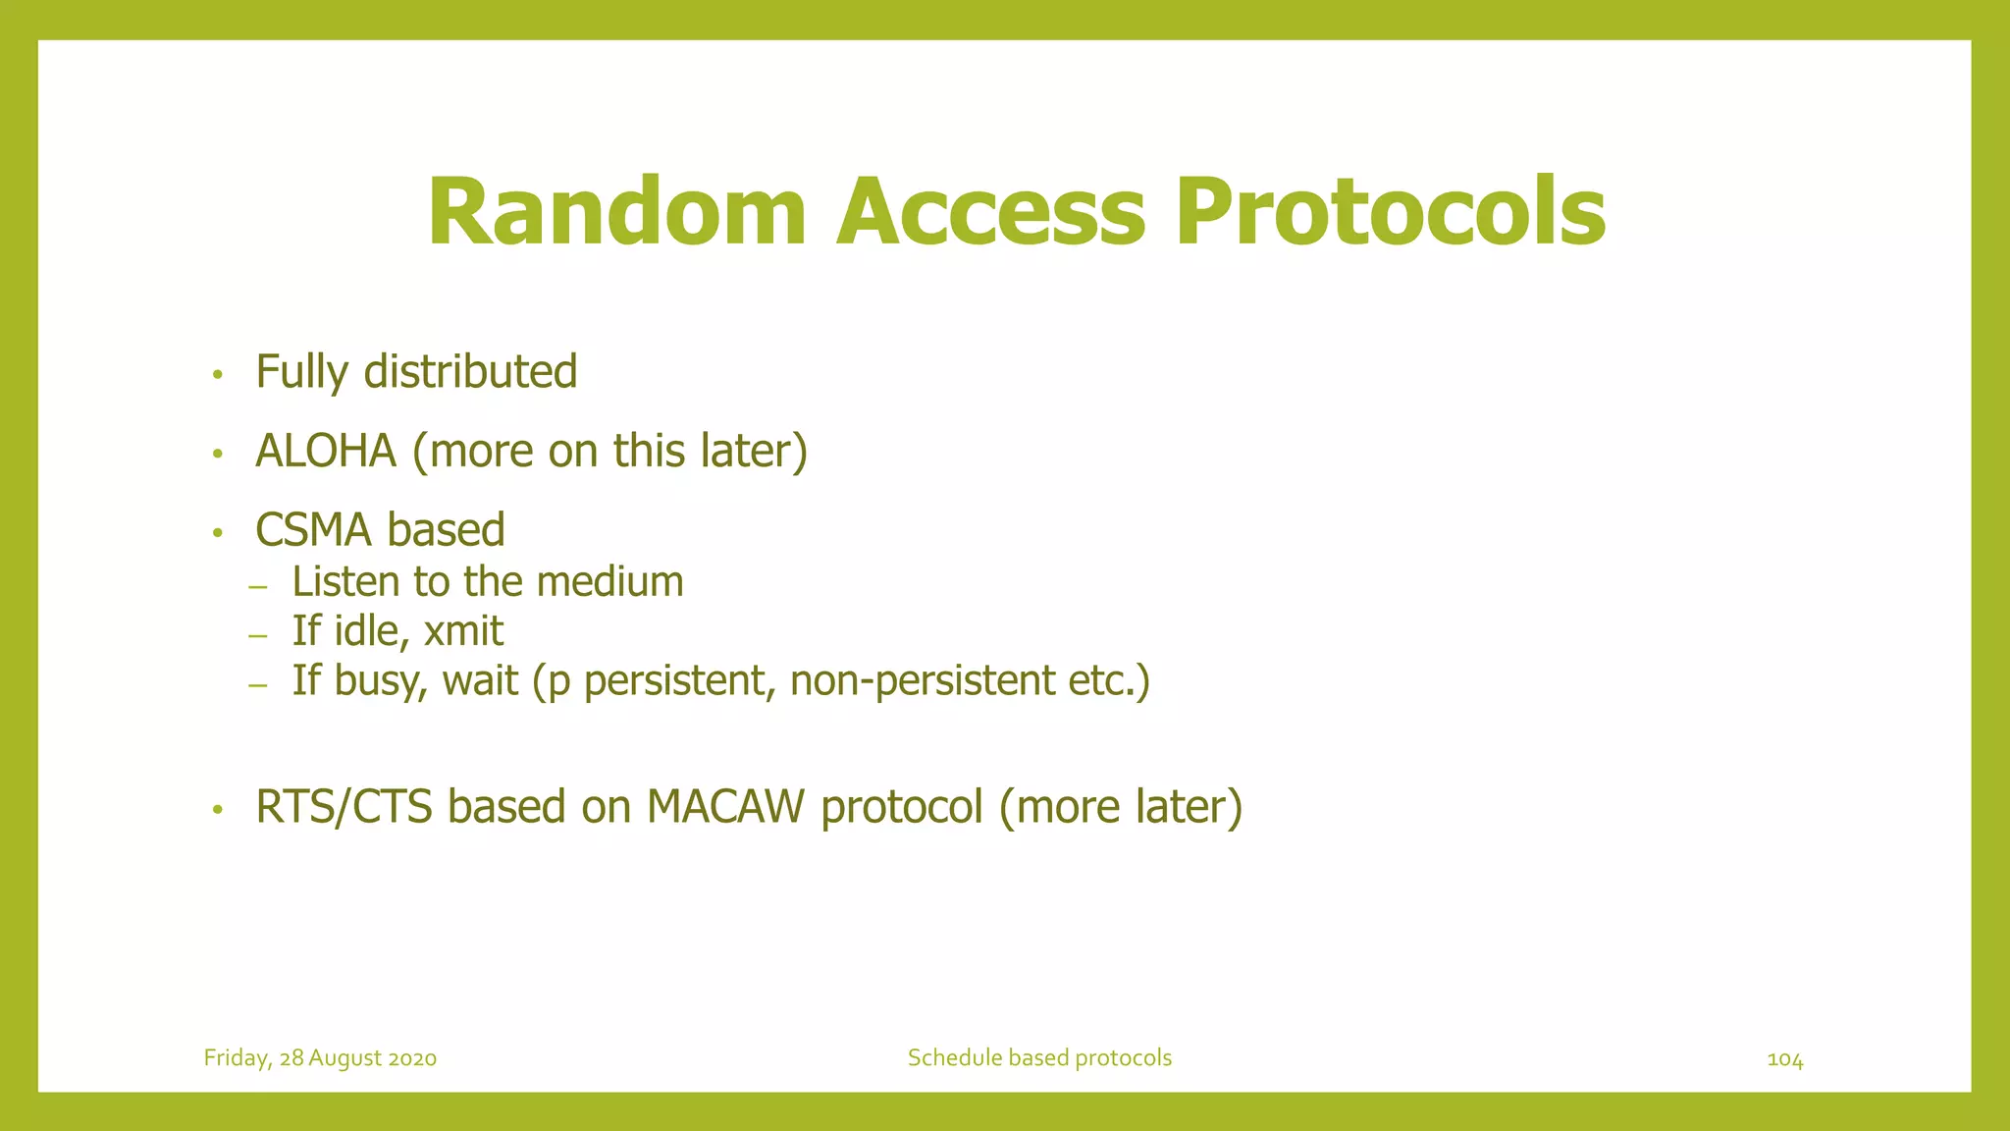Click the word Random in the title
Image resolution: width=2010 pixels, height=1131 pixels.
(616, 212)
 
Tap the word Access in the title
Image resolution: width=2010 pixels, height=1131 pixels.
(990, 212)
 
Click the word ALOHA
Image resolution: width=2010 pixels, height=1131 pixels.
(326, 452)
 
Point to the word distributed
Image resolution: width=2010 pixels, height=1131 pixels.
(470, 372)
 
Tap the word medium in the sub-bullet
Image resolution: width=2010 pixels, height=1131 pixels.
(609, 582)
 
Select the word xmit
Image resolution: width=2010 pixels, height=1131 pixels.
(463, 631)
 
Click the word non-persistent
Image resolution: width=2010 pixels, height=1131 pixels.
(922, 680)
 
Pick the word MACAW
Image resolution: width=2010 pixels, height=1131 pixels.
(725, 807)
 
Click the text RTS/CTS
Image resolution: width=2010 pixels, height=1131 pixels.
(344, 807)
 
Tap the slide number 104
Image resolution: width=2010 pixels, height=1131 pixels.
(1784, 1059)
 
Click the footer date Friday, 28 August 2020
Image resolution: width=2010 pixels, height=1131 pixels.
(320, 1058)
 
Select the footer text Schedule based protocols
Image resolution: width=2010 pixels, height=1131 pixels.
(1039, 1058)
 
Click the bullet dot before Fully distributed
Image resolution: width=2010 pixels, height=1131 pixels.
(218, 375)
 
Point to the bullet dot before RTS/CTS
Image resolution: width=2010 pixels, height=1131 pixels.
(218, 810)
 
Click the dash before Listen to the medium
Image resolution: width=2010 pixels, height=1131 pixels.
(258, 587)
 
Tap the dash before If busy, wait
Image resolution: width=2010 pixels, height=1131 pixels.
(258, 685)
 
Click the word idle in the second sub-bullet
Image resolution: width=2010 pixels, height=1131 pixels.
(371, 631)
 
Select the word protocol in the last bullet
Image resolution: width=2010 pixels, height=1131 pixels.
(901, 807)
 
